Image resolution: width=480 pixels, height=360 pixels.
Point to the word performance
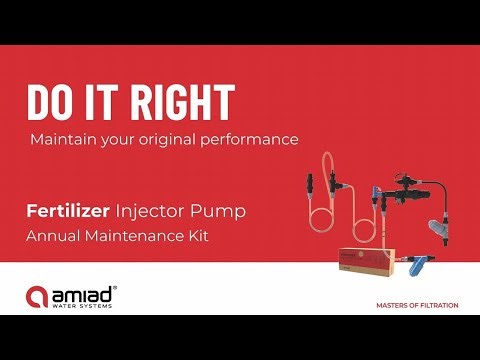click(250, 140)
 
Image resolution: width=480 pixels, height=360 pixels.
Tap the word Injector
click(149, 212)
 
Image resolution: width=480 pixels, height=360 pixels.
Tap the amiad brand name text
click(85, 292)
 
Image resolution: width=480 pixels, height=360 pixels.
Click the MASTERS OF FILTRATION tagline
click(417, 305)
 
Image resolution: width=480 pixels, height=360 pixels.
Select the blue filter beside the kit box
click(420, 267)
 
